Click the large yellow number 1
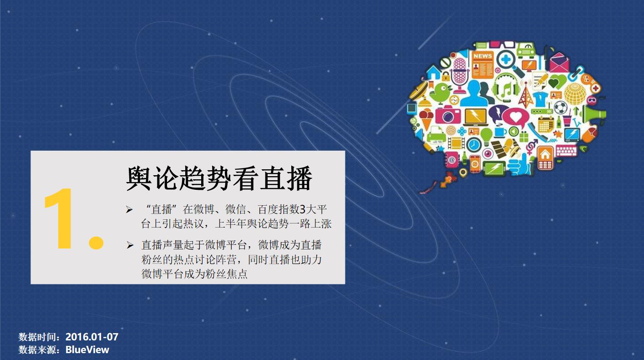(x=59, y=218)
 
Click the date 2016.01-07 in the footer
(x=92, y=337)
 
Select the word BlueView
(x=87, y=350)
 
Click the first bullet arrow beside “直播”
(x=129, y=210)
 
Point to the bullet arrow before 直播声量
(x=130, y=245)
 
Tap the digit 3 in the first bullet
(x=302, y=209)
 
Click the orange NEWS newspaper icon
(x=482, y=65)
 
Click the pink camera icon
(x=448, y=114)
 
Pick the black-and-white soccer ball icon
(x=560, y=107)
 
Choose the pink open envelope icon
(x=559, y=63)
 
